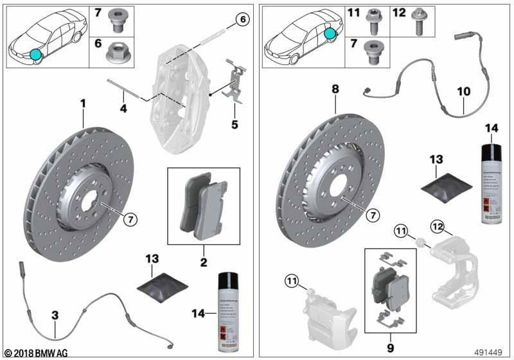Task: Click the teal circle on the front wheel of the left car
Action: tap(33, 54)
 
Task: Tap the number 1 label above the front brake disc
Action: tap(82, 103)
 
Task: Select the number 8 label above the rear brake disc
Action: tap(335, 91)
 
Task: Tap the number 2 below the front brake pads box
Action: tap(203, 262)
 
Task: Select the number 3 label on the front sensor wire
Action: tap(55, 315)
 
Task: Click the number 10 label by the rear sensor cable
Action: tap(464, 92)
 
